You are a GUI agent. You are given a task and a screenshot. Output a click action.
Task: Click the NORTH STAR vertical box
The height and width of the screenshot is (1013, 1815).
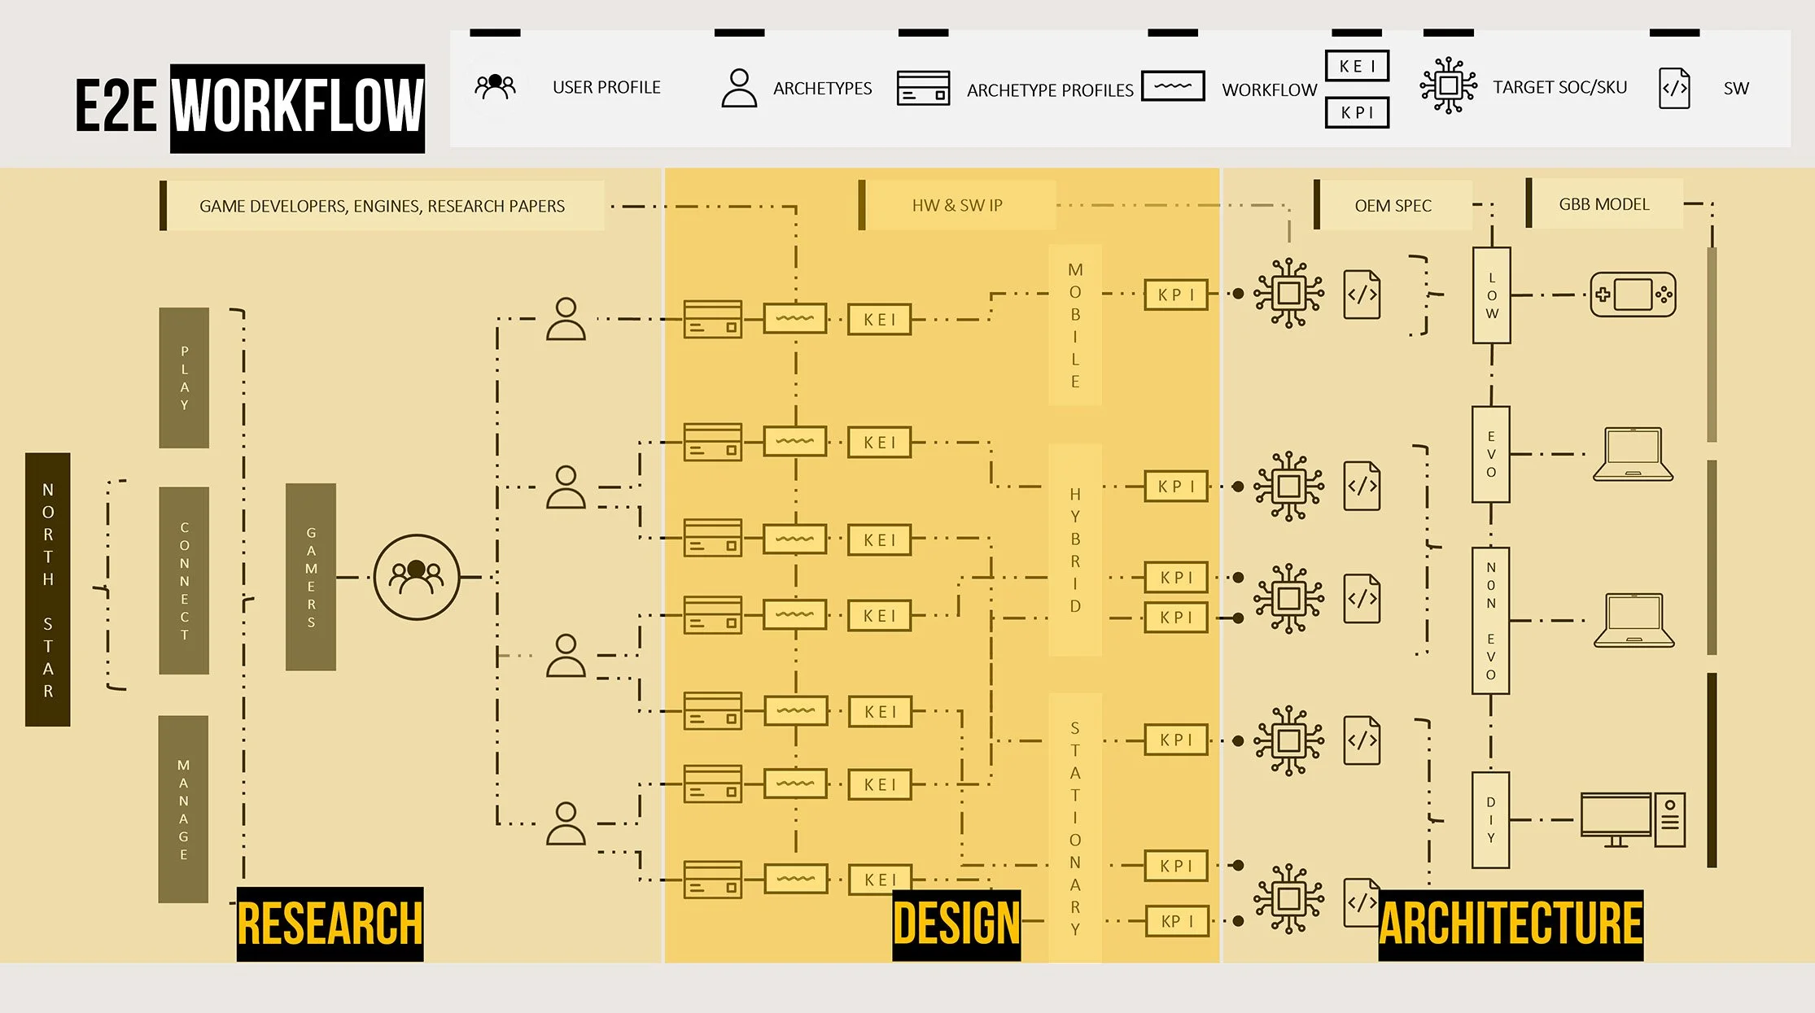point(48,589)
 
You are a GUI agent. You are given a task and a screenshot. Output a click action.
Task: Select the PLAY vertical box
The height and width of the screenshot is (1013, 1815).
point(184,378)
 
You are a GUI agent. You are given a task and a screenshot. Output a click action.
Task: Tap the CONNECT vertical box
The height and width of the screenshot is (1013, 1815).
point(184,580)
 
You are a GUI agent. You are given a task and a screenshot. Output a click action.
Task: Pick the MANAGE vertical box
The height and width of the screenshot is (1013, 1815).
point(183,809)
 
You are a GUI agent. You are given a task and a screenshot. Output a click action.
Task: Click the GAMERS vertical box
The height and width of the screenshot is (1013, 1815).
point(311,577)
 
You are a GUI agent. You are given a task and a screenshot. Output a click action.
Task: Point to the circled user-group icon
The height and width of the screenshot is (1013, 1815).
point(417,577)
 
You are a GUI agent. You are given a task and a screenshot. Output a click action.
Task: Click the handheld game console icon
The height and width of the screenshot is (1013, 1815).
point(1633,295)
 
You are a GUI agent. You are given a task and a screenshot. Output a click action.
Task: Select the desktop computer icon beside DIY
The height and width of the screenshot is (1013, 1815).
point(1632,819)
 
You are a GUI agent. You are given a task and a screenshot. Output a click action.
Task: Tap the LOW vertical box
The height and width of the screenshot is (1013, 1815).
point(1491,295)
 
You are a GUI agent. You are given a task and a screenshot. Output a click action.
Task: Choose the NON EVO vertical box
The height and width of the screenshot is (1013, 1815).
point(1490,620)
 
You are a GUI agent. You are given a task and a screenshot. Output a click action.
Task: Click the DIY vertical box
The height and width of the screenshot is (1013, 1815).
point(1490,819)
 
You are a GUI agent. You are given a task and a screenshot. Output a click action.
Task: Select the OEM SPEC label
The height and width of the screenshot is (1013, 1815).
point(1393,206)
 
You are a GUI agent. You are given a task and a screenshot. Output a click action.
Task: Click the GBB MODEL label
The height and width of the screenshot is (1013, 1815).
point(1603,204)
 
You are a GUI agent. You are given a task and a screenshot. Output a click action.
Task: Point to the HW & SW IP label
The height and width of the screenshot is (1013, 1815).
point(957,206)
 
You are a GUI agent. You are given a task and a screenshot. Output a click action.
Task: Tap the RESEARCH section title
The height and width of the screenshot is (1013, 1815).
point(330,923)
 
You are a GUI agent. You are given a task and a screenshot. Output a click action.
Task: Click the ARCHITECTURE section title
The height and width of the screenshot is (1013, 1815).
point(1511,923)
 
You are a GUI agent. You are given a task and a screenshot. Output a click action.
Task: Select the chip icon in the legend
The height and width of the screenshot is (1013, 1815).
point(1448,85)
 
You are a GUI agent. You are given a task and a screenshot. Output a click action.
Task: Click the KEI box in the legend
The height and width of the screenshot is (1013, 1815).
point(1357,66)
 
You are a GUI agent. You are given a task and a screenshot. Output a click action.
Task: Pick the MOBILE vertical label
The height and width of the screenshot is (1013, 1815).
point(1075,325)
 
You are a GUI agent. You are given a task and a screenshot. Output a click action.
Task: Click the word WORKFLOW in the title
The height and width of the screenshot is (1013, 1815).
point(297,107)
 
